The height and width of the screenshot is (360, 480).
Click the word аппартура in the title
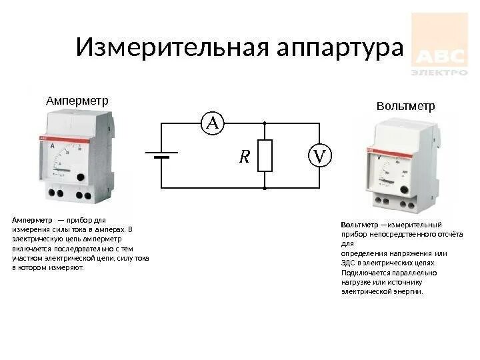(341, 47)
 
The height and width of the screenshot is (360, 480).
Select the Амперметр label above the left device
(77, 100)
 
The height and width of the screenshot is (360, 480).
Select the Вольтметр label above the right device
(405, 106)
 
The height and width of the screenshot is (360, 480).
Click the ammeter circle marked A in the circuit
(213, 123)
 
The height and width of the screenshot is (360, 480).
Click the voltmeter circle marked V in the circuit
(319, 156)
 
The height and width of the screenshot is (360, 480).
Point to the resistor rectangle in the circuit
(265, 156)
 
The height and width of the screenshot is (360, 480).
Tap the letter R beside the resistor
(244, 157)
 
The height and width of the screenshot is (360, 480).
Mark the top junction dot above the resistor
(265, 123)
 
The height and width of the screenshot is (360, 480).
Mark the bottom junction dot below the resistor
(265, 189)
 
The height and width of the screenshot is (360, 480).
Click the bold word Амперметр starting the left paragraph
(32, 220)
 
